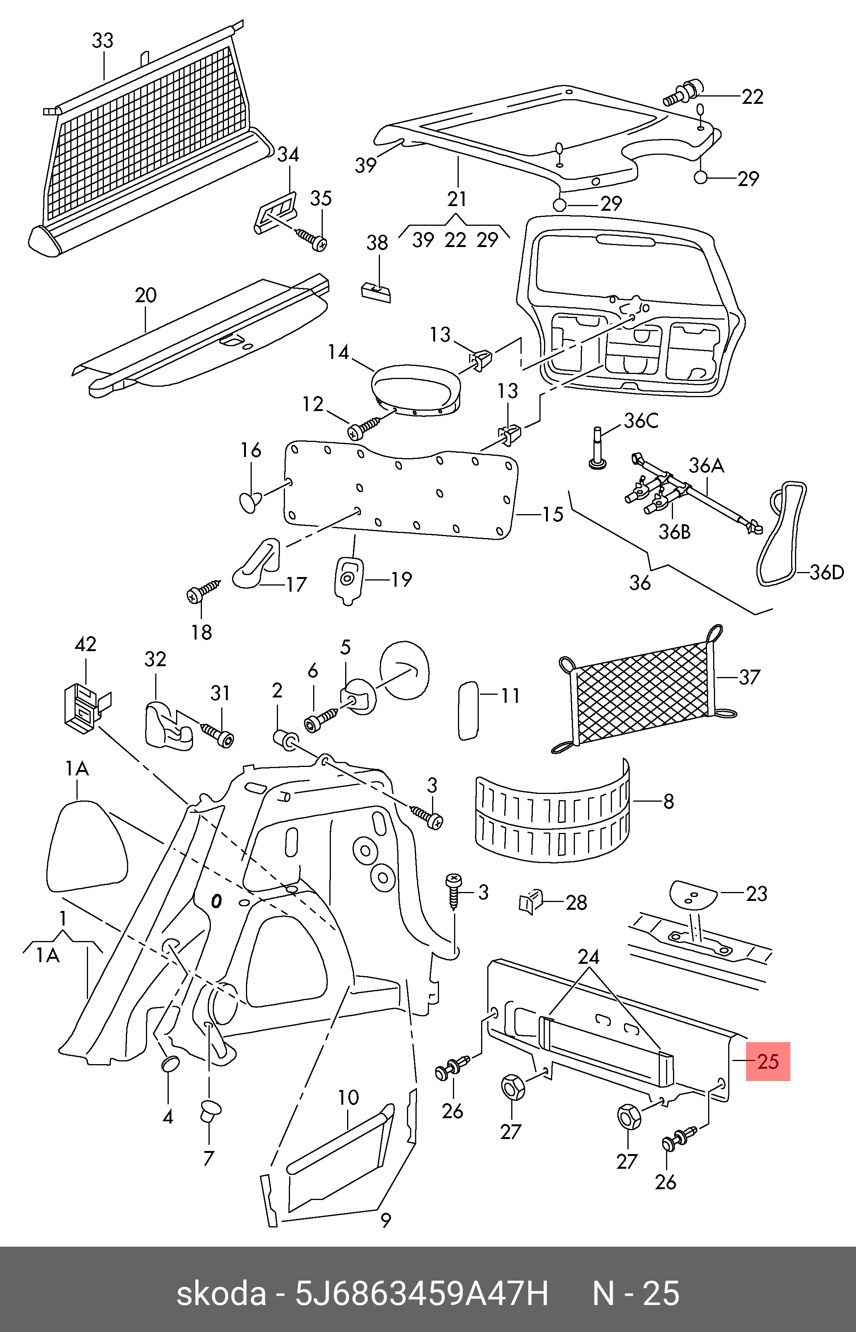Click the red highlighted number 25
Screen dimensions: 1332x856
pyautogui.click(x=768, y=1061)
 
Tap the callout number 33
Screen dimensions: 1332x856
pyautogui.click(x=103, y=41)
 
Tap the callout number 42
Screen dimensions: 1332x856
pyautogui.click(x=86, y=644)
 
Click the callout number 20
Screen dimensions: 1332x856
pyautogui.click(x=146, y=294)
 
